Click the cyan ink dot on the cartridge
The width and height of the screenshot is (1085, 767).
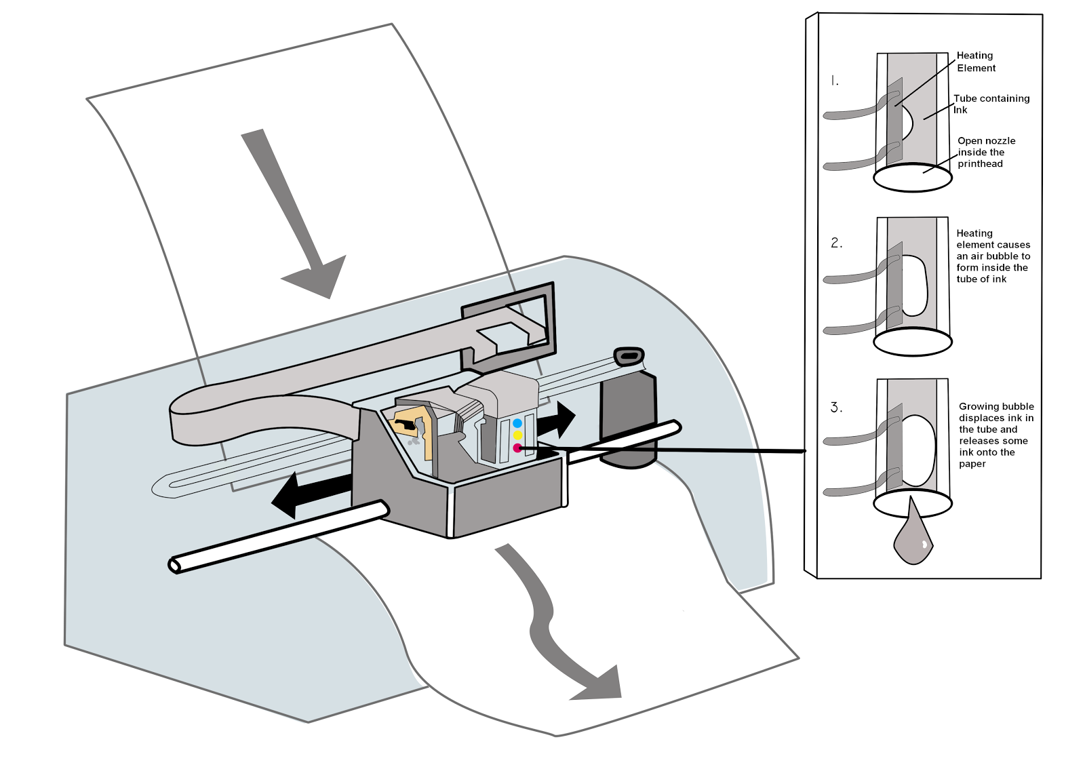tap(517, 423)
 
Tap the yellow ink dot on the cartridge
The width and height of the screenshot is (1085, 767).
tap(517, 435)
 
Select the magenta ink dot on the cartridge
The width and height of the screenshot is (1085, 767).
tap(517, 448)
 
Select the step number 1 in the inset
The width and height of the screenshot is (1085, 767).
tap(835, 81)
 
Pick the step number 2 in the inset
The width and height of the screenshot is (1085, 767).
tap(836, 243)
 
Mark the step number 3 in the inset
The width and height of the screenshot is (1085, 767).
tap(836, 408)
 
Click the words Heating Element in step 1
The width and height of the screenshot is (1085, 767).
tap(975, 62)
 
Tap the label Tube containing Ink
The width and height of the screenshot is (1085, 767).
tap(991, 104)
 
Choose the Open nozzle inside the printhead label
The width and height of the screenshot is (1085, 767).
tap(985, 152)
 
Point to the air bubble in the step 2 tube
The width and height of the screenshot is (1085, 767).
tap(914, 286)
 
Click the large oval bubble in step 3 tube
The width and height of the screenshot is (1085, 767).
tap(919, 450)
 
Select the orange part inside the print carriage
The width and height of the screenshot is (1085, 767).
tap(415, 427)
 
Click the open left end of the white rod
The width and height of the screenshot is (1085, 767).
tap(174, 565)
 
